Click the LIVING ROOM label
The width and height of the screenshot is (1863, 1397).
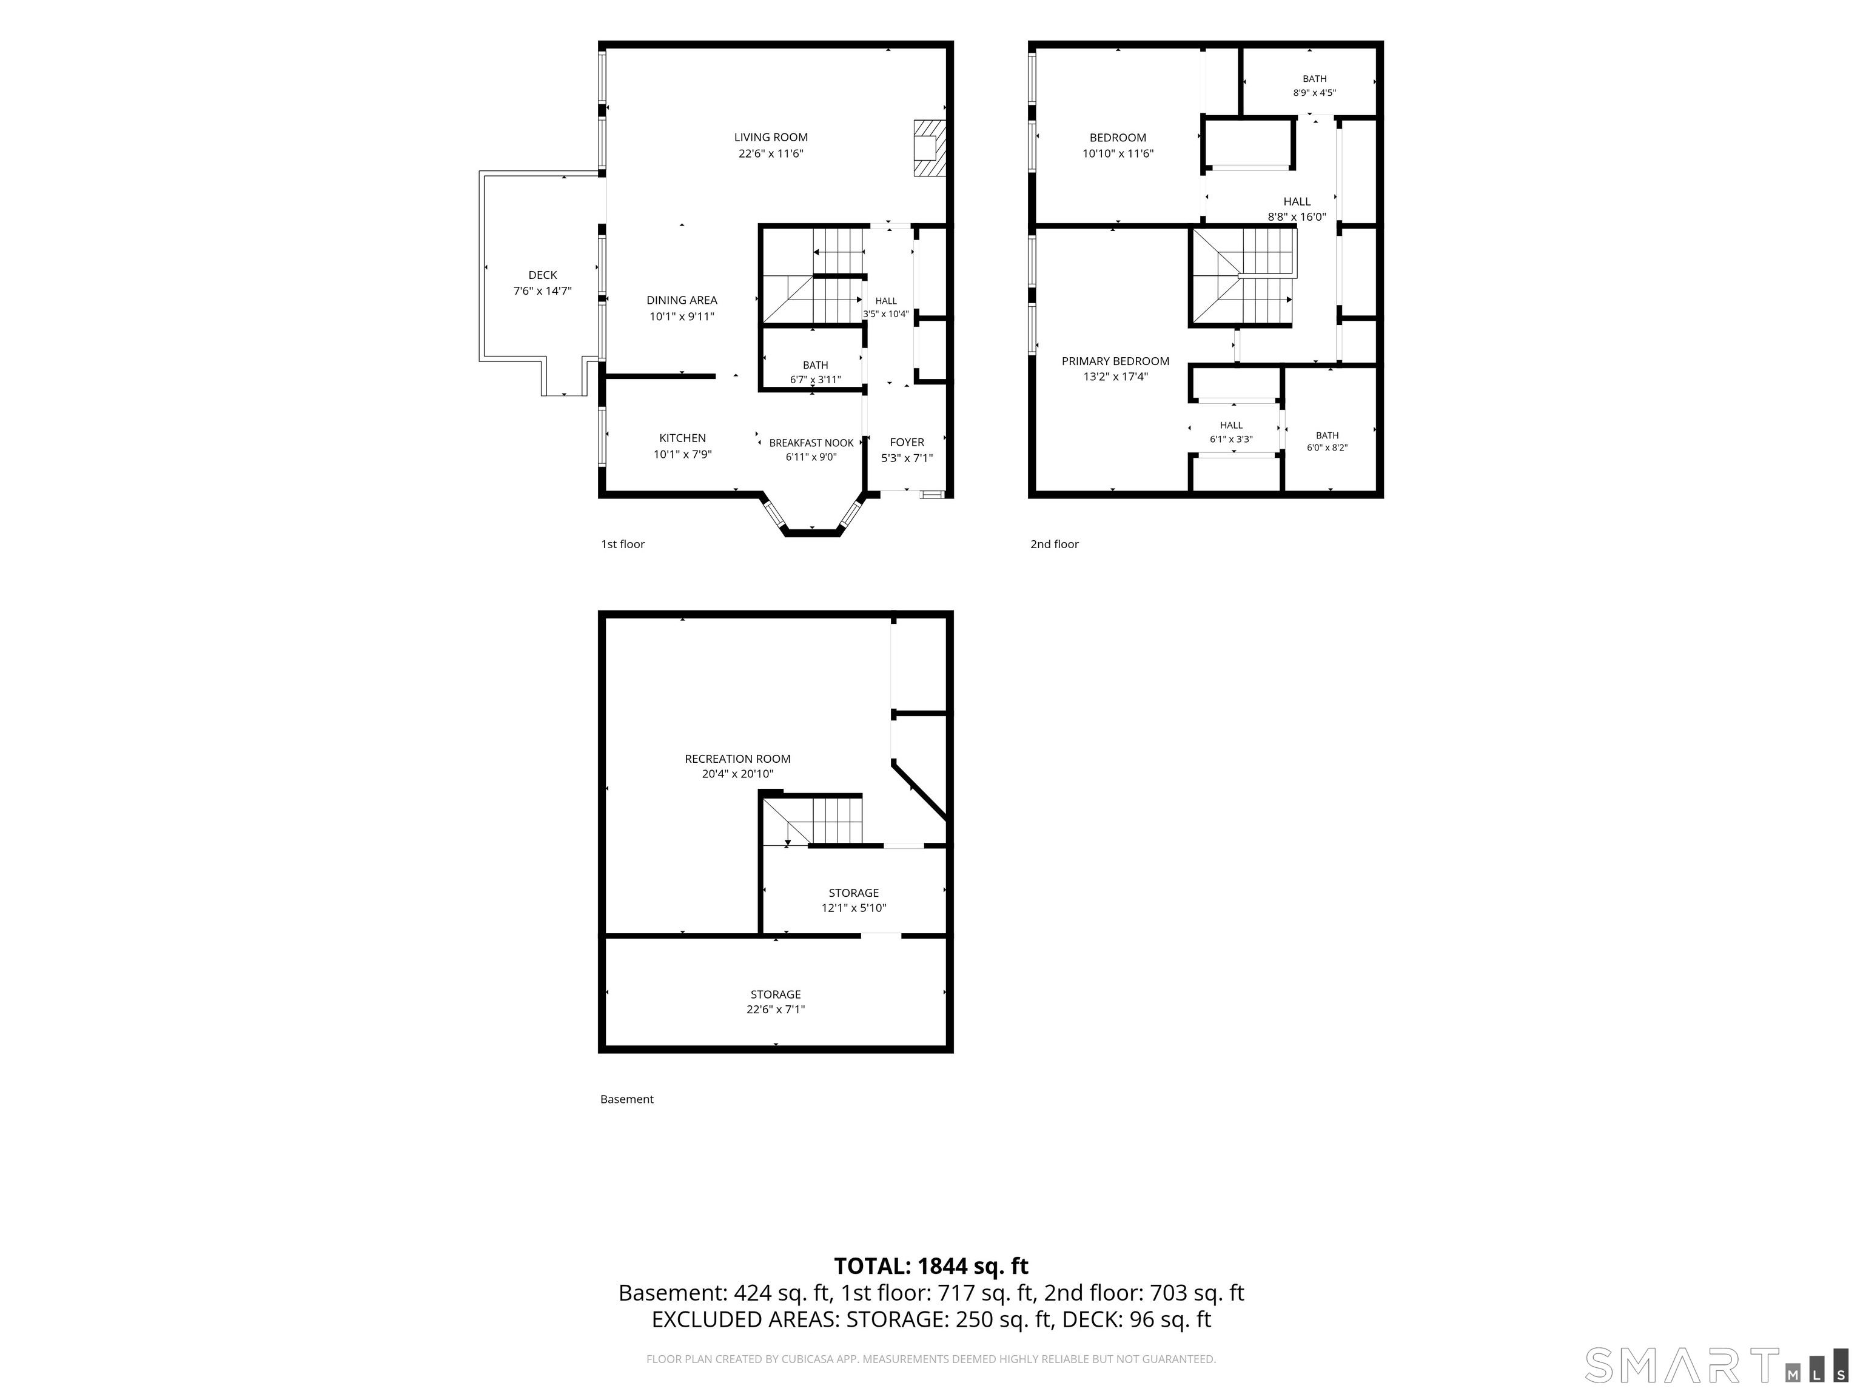pyautogui.click(x=771, y=137)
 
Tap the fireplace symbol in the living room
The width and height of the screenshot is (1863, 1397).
pyautogui.click(x=930, y=148)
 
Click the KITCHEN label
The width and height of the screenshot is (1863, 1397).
pyautogui.click(x=682, y=438)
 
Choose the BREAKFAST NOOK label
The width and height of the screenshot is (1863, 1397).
pyautogui.click(x=811, y=443)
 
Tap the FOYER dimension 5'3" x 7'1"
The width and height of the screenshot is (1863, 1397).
pyautogui.click(x=907, y=458)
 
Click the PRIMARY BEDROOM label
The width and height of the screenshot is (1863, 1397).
pyautogui.click(x=1115, y=361)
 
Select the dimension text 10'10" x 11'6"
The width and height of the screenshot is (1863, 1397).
pyautogui.click(x=1118, y=154)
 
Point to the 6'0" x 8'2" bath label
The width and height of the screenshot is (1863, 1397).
pyautogui.click(x=1328, y=442)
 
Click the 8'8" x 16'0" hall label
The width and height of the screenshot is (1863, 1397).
pyautogui.click(x=1297, y=209)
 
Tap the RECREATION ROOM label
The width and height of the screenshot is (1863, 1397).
pyautogui.click(x=738, y=759)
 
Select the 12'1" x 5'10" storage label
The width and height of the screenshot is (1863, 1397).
pyautogui.click(x=854, y=900)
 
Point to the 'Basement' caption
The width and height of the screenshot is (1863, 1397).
pyautogui.click(x=626, y=1099)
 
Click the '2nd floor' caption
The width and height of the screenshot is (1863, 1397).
pyautogui.click(x=1055, y=544)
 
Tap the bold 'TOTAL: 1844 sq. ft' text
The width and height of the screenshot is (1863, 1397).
pyautogui.click(x=931, y=1267)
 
